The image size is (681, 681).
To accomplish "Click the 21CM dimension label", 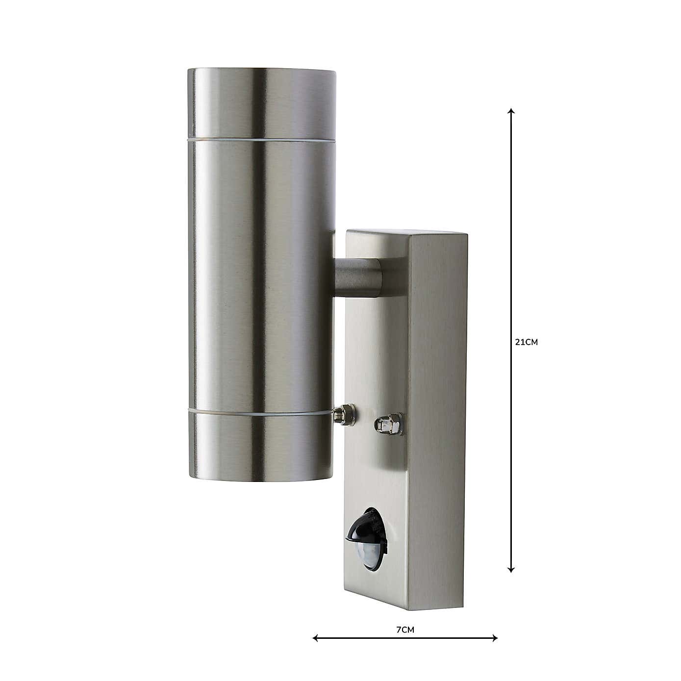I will point(527,343).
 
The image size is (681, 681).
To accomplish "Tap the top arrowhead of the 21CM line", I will point(511,111).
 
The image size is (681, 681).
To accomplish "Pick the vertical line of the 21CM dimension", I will point(511,245).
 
